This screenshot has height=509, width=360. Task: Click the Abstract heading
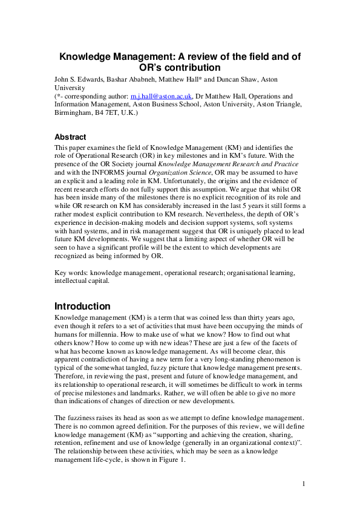(70, 137)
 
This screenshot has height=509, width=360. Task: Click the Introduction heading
(82, 306)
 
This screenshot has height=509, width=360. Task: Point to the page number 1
(304, 484)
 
